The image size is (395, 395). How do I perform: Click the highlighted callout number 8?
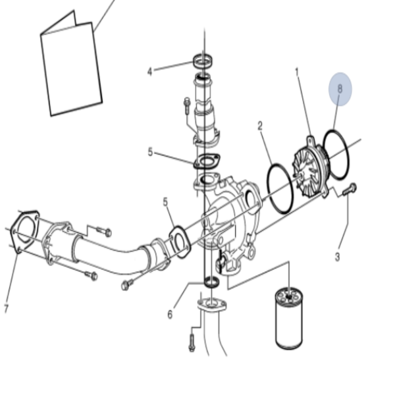(340, 89)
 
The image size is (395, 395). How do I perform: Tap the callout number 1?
(298, 72)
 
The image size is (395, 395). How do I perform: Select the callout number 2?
(260, 126)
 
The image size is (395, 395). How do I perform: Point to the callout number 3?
(338, 257)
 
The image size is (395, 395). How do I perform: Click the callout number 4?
(150, 72)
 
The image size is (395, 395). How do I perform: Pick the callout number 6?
(170, 315)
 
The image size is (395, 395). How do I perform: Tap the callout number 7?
(7, 308)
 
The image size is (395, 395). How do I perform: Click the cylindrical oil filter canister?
(289, 319)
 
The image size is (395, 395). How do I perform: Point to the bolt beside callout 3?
(350, 189)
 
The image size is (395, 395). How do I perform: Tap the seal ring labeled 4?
(203, 61)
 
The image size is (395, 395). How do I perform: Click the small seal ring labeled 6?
(211, 281)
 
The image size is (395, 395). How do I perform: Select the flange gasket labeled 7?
(24, 230)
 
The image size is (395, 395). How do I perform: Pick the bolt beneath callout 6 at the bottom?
(192, 342)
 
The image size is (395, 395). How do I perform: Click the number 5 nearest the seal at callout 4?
(150, 152)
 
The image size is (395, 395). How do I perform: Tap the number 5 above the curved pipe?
(165, 202)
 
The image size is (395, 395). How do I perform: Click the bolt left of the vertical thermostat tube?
(187, 105)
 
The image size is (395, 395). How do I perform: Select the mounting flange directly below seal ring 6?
(211, 304)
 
